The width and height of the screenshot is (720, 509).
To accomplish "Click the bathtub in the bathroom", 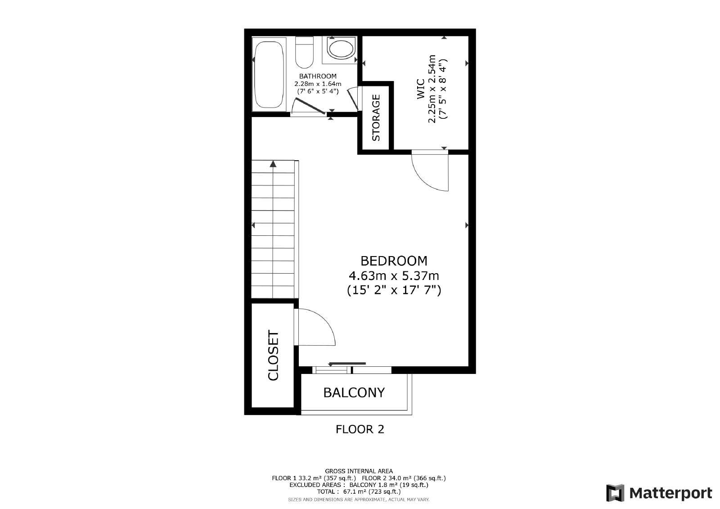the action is pyautogui.click(x=269, y=75).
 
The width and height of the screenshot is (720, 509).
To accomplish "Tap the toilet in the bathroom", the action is pyautogui.click(x=304, y=52).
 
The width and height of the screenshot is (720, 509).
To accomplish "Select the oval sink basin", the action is pyautogui.click(x=341, y=49).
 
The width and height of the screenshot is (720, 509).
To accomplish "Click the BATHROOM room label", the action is pyautogui.click(x=318, y=76).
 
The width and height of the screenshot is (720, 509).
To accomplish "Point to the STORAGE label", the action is pyautogui.click(x=376, y=117).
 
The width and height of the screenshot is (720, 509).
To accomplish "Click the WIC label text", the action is pyautogui.click(x=421, y=89).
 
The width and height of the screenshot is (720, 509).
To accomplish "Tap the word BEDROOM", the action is pyautogui.click(x=394, y=261).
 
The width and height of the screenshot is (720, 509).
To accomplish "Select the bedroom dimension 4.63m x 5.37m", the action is pyautogui.click(x=394, y=275).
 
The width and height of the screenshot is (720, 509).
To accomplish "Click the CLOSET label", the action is pyautogui.click(x=273, y=355).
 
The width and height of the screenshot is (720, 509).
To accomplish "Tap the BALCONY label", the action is pyautogui.click(x=354, y=392).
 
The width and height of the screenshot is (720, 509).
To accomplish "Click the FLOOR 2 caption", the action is pyautogui.click(x=360, y=429).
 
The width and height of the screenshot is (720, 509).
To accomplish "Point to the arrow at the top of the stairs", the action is pyautogui.click(x=273, y=164).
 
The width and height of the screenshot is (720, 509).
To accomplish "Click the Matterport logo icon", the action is pyautogui.click(x=615, y=493).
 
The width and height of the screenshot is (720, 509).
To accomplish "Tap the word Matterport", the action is pyautogui.click(x=671, y=493).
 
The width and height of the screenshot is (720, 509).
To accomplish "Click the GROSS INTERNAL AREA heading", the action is pyautogui.click(x=359, y=471).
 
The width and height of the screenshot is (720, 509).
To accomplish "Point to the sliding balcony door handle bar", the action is pyautogui.click(x=347, y=363).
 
